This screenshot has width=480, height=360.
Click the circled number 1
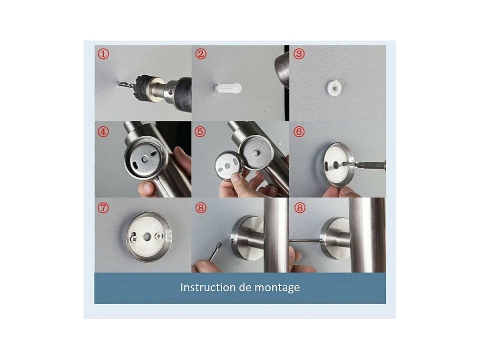click(x=104, y=54)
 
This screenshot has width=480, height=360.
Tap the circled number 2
click(x=201, y=54)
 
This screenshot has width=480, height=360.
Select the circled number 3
click(x=299, y=54)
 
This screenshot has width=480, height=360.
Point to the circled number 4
click(x=104, y=132)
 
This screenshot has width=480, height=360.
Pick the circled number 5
click(x=200, y=132)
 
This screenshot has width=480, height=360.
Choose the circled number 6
click(x=299, y=132)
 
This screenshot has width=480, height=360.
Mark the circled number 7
click(x=104, y=208)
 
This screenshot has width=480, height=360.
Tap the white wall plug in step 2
click(x=228, y=89)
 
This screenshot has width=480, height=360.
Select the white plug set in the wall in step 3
click(x=333, y=87)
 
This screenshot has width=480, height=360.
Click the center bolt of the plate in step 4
click(x=146, y=159)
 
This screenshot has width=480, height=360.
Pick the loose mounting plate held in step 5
click(x=229, y=166)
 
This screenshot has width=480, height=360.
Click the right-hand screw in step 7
click(x=159, y=236)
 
